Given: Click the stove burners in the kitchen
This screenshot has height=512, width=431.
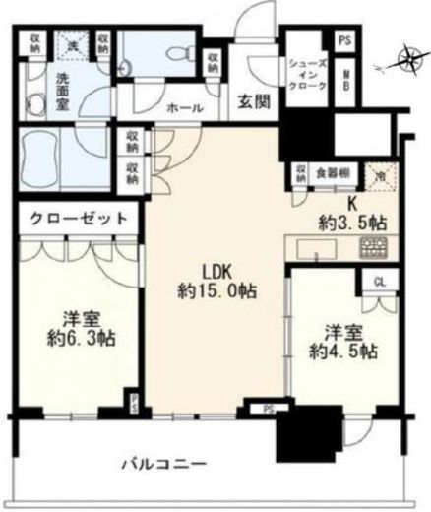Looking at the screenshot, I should point(375,247).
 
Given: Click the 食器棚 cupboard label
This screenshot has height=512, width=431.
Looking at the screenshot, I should point(335,172).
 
